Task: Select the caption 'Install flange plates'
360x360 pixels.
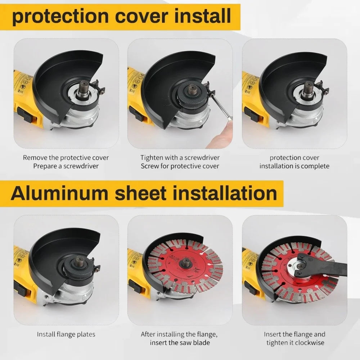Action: (66, 334)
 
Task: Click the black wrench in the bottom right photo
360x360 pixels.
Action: (324, 269)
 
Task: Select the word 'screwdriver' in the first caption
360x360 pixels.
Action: (80, 166)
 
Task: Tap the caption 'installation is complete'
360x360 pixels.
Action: (294, 166)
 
